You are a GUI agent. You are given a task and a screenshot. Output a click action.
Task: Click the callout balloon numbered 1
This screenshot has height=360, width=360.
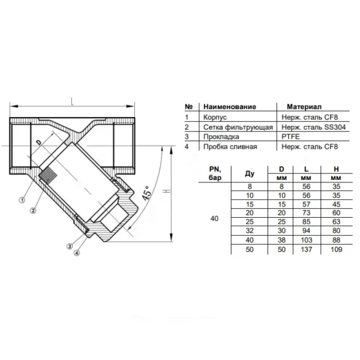pyautogui.click(x=22, y=200)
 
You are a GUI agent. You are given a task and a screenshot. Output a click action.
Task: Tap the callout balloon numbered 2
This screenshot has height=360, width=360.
pyautogui.click(x=33, y=210)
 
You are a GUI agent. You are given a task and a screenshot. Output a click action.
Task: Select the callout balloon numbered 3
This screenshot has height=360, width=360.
pyautogui.click(x=70, y=247)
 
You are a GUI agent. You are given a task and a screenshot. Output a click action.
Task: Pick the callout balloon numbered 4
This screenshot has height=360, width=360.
pyautogui.click(x=77, y=253)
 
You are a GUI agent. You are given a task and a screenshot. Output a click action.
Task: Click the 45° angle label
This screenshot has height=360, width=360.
pyautogui.click(x=146, y=193)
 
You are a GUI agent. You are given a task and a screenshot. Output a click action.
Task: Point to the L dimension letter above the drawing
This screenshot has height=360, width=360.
pyautogui.click(x=73, y=101)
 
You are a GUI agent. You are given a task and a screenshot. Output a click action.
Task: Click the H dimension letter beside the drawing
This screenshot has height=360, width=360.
pyautogui.click(x=167, y=191)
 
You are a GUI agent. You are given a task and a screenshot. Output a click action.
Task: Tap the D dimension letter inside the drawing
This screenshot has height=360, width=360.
pyautogui.click(x=40, y=142)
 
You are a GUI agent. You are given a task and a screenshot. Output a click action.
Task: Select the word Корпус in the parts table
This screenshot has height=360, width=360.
pyautogui.click(x=215, y=118)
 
